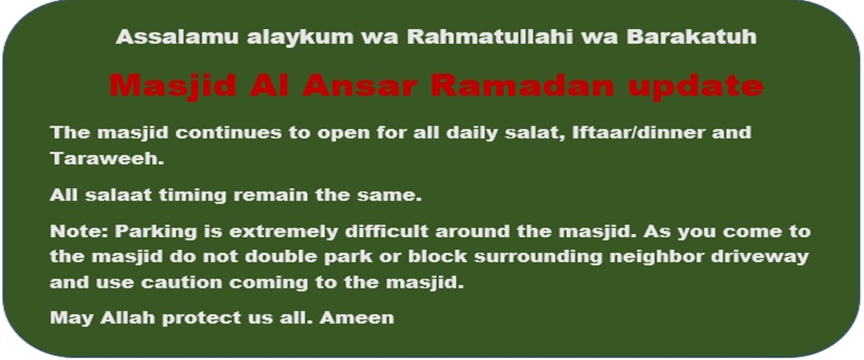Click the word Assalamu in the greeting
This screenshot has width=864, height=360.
click(177, 37)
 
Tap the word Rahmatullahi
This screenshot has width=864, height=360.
click(490, 37)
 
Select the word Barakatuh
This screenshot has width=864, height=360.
click(691, 37)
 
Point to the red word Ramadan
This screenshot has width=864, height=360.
click(522, 85)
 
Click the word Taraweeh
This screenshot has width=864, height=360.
click(107, 158)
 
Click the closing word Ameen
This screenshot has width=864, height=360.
click(357, 318)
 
